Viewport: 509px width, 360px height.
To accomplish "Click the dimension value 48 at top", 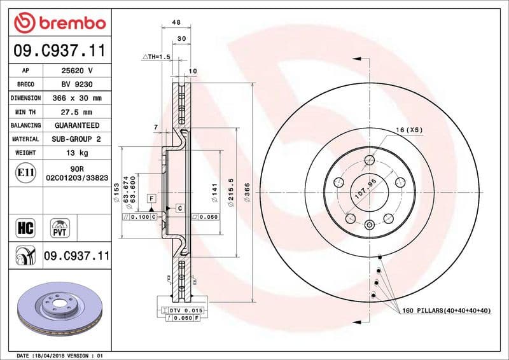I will [x=176, y=22].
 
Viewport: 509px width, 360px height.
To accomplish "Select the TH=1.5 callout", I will [x=157, y=57].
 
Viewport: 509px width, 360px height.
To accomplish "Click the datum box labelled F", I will [x=151, y=199].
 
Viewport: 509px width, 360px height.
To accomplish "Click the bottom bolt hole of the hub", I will [x=370, y=223].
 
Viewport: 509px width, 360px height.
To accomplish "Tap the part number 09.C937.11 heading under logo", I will [x=59, y=50].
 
